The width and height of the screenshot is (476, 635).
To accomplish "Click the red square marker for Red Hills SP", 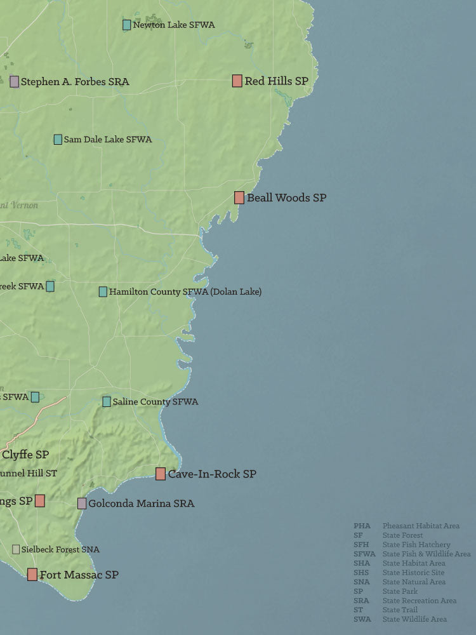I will pos(237,81).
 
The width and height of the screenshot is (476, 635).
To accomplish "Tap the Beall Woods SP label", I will pos(286,197).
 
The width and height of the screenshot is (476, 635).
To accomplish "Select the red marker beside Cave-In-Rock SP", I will pos(161,474).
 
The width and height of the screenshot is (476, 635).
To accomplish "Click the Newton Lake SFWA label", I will pos(174,25).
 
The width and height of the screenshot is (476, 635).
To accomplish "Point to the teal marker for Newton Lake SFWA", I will pos(127,25).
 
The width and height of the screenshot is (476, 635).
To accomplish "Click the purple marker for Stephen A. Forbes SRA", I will pos(15,81).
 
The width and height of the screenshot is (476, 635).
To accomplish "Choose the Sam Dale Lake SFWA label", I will pos(108,139).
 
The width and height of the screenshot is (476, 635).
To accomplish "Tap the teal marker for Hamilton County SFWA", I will pos(103,291).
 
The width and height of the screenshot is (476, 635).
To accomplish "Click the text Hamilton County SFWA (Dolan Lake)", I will pos(185,291).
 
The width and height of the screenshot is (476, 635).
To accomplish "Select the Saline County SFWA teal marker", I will pos(107,401).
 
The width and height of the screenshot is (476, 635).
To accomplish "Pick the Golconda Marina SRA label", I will pos(142,504).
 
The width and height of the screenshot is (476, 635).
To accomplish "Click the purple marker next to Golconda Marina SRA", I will pos(82,504).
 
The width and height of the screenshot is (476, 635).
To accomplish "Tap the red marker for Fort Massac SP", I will pos(32,575).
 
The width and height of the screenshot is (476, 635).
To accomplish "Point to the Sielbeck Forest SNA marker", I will pos(16,549).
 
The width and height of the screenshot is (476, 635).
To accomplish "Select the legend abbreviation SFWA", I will pos(364,554).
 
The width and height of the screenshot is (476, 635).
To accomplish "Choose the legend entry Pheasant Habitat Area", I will pos(421,526).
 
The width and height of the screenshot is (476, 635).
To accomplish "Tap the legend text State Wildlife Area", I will pos(414,619).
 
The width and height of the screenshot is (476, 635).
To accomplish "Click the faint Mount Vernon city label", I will pos(19,205).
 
